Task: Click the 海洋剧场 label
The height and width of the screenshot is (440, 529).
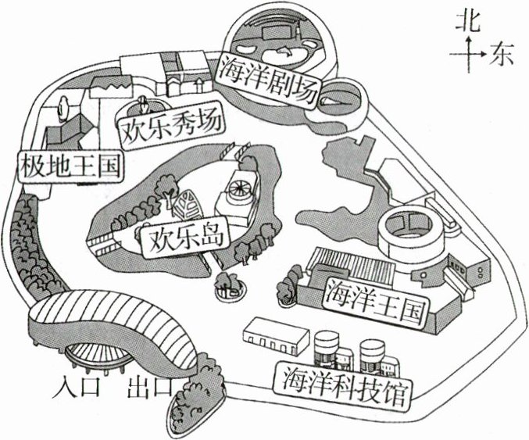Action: click(268, 78)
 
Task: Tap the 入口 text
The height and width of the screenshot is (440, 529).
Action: click(80, 387)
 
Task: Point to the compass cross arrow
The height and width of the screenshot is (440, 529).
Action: click(468, 55)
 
